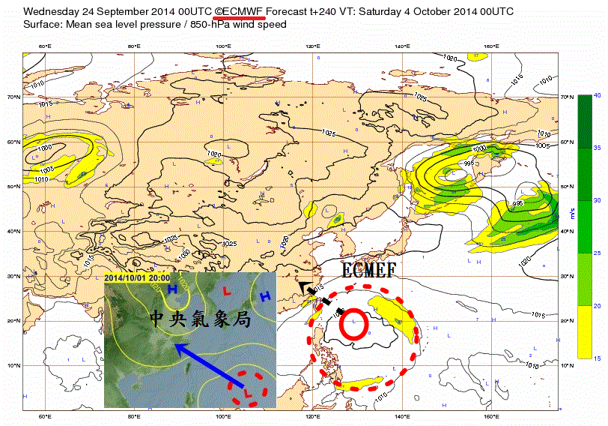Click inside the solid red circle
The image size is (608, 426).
click(x=353, y=324)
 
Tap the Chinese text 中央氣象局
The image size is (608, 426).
click(x=198, y=319)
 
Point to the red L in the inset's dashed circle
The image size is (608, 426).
click(x=247, y=389)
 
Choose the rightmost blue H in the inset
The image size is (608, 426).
click(x=264, y=297)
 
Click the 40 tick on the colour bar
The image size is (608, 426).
click(x=597, y=95)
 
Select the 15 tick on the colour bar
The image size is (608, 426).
click(x=597, y=358)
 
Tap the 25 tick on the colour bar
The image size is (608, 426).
click(x=597, y=253)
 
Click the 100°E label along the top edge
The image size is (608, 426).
click(x=223, y=46)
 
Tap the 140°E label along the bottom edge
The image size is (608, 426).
click(x=403, y=416)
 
